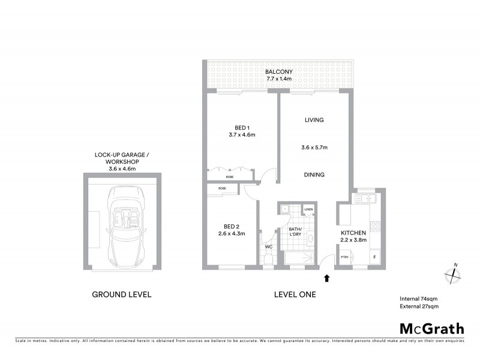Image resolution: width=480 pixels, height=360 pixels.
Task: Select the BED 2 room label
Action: [231, 226]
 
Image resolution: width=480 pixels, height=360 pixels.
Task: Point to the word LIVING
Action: [314, 120]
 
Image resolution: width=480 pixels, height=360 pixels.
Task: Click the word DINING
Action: [314, 175]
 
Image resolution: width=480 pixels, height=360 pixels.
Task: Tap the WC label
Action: [268, 246]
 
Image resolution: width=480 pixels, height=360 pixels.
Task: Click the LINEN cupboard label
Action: [308, 209]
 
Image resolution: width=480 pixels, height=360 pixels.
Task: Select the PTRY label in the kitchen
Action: [344, 257]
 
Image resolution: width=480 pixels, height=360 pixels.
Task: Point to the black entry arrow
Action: [327, 278]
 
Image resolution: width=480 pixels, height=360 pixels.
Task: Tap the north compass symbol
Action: [452, 275]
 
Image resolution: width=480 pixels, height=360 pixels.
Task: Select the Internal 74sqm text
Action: [419, 299]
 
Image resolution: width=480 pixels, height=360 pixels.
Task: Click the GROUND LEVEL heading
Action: [121, 295]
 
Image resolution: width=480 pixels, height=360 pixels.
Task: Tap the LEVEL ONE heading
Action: [295, 295]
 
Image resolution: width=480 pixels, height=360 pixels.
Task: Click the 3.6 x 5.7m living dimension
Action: [314, 147]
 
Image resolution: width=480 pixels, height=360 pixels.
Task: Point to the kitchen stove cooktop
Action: [375, 227]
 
